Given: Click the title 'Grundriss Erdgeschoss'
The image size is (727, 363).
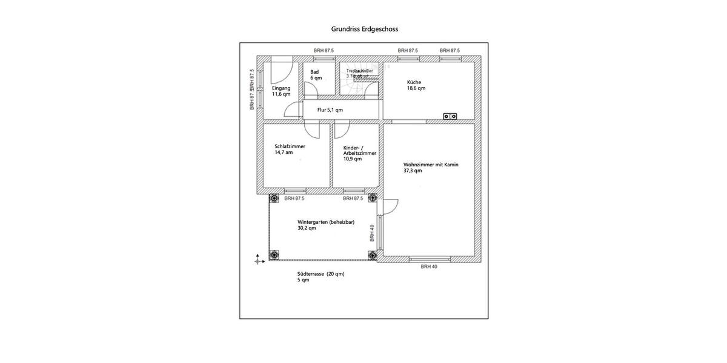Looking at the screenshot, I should pos(364,28).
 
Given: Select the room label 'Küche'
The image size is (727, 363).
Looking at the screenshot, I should pos(414,82).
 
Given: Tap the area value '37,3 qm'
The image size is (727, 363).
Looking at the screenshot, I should pos(413,171).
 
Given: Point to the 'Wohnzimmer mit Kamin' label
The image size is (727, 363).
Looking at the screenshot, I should pos(431,164).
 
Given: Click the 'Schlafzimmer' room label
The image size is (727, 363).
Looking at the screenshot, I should pos(290,146).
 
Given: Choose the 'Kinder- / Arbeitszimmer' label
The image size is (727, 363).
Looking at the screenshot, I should pos(359,151).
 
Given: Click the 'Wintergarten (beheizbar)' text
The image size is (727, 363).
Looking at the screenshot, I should pos(326,222).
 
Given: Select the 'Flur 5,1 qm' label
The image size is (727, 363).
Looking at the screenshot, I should pos(330,110).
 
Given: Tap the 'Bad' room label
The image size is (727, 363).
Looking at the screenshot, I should pos(314,72).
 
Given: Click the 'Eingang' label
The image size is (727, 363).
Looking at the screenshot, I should pos(281,88).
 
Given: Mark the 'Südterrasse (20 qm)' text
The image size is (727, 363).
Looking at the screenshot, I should pos(320,274).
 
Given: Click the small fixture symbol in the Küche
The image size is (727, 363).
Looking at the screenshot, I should pos(450,116).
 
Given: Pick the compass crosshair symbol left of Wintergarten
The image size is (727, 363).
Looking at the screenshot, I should pos(259,260).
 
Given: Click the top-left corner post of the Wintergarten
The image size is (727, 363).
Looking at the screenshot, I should pos(274,198).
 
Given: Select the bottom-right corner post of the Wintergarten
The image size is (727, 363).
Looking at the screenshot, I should pos(373,255).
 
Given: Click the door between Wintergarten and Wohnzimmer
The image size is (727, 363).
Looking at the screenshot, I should pos(388,207).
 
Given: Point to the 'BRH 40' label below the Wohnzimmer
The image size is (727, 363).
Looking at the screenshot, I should pos(429,266).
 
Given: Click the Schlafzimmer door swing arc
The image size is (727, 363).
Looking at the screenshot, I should pos(311,130).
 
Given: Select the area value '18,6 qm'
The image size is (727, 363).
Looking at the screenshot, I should pos(416,88).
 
